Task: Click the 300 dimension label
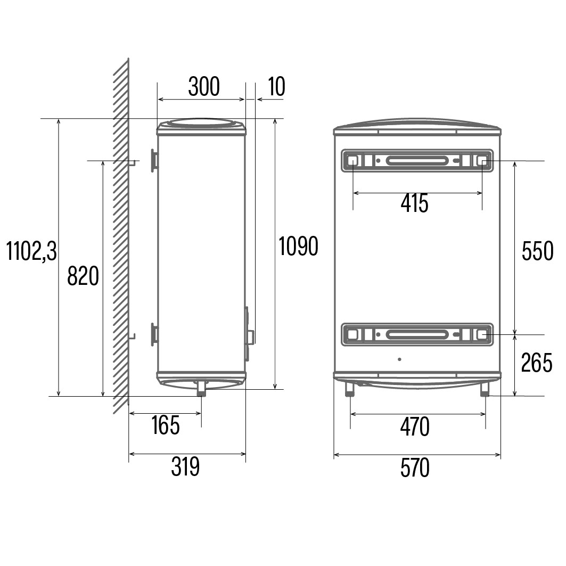click(x=203, y=87)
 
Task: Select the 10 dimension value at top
click(x=276, y=87)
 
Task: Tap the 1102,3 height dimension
click(x=31, y=251)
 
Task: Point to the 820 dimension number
click(x=83, y=276)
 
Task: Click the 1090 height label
click(x=298, y=246)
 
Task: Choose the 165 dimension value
click(x=166, y=425)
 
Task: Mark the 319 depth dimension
click(x=185, y=467)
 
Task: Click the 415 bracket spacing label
click(x=415, y=203)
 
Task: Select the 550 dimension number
click(x=537, y=251)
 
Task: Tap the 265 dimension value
click(x=537, y=363)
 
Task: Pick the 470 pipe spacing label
click(x=415, y=427)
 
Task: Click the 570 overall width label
click(x=415, y=469)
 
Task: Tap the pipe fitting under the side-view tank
click(x=201, y=388)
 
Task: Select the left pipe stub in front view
click(x=350, y=390)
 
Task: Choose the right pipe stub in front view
click(x=485, y=390)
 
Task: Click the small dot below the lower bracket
click(x=400, y=359)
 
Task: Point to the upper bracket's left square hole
click(x=352, y=160)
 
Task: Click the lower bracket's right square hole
click(x=482, y=334)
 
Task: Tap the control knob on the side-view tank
click(x=250, y=337)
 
